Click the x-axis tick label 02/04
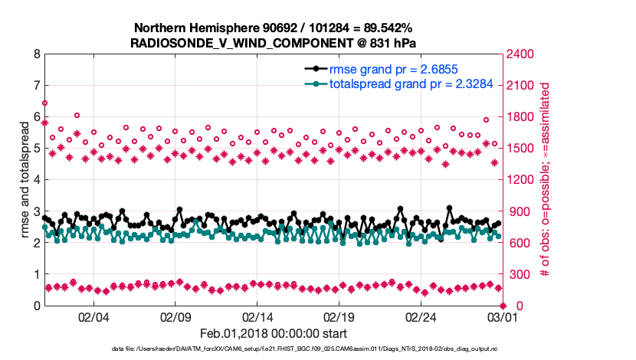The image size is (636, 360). [x=93, y=317]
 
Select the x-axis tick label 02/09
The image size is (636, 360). [x=175, y=317]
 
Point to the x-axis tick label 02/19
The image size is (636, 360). [x=340, y=317]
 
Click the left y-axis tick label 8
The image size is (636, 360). [x=37, y=54]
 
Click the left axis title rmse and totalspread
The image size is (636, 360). [x=24, y=180]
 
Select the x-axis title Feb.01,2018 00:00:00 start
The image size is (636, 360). [x=274, y=333]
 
